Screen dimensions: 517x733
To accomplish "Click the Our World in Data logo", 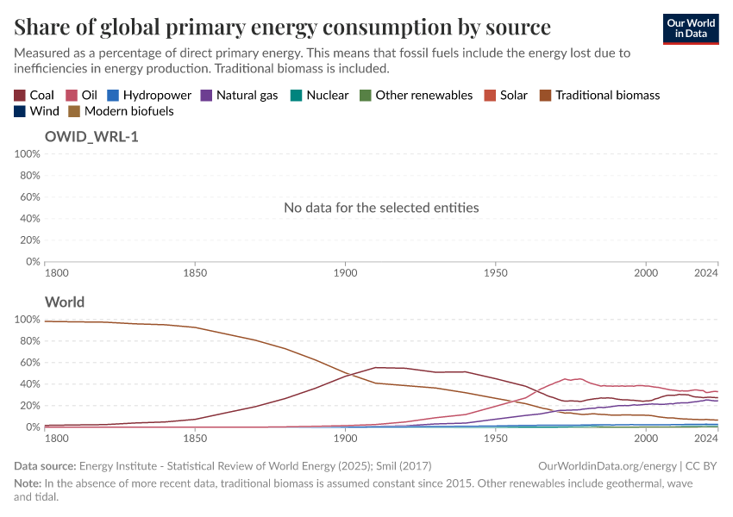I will tap(690, 28).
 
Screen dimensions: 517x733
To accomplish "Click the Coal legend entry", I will tap(34, 95).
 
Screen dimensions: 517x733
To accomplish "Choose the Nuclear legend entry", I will tap(319, 95).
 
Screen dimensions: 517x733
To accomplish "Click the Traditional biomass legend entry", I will tap(599, 95).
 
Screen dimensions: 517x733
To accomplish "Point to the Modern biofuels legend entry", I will tap(121, 111).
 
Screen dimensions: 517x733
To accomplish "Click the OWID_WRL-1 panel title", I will tap(91, 136).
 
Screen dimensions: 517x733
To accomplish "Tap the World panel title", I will tap(65, 302).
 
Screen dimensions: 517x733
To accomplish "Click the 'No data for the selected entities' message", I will tap(381, 208).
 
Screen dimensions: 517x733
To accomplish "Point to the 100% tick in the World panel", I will tap(28, 320).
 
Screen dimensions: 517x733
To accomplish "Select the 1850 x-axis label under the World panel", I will tap(195, 439).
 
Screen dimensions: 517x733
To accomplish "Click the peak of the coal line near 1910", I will tap(375, 368).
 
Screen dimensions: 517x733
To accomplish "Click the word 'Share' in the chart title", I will tap(43, 27).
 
